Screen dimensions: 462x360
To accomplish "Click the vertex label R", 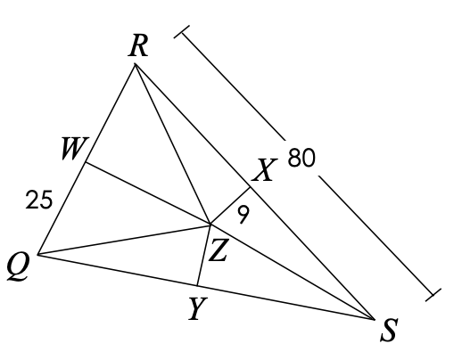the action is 138,46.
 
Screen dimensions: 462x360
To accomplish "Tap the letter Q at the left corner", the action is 19,267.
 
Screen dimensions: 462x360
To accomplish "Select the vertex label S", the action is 389,330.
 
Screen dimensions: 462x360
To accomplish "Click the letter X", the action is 264,169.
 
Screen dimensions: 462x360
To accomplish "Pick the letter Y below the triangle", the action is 198,308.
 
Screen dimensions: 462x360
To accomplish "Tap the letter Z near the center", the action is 218,250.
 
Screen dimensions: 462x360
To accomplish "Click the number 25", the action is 39,200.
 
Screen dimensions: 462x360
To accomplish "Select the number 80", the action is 301,158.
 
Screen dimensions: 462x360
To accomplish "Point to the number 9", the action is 243,215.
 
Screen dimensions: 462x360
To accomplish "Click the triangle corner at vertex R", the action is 135,63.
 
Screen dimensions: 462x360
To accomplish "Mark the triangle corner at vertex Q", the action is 38,255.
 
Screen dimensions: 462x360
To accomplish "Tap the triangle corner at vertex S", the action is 374,320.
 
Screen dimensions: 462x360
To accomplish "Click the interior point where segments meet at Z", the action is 210,225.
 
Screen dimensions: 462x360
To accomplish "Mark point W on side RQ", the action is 86,162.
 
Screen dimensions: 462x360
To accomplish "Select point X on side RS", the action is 250,187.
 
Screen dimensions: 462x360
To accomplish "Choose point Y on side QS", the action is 197,285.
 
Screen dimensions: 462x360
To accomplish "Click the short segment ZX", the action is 230,206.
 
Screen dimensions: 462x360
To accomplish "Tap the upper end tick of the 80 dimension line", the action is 182,32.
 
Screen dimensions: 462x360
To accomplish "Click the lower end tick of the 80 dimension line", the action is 433,295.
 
